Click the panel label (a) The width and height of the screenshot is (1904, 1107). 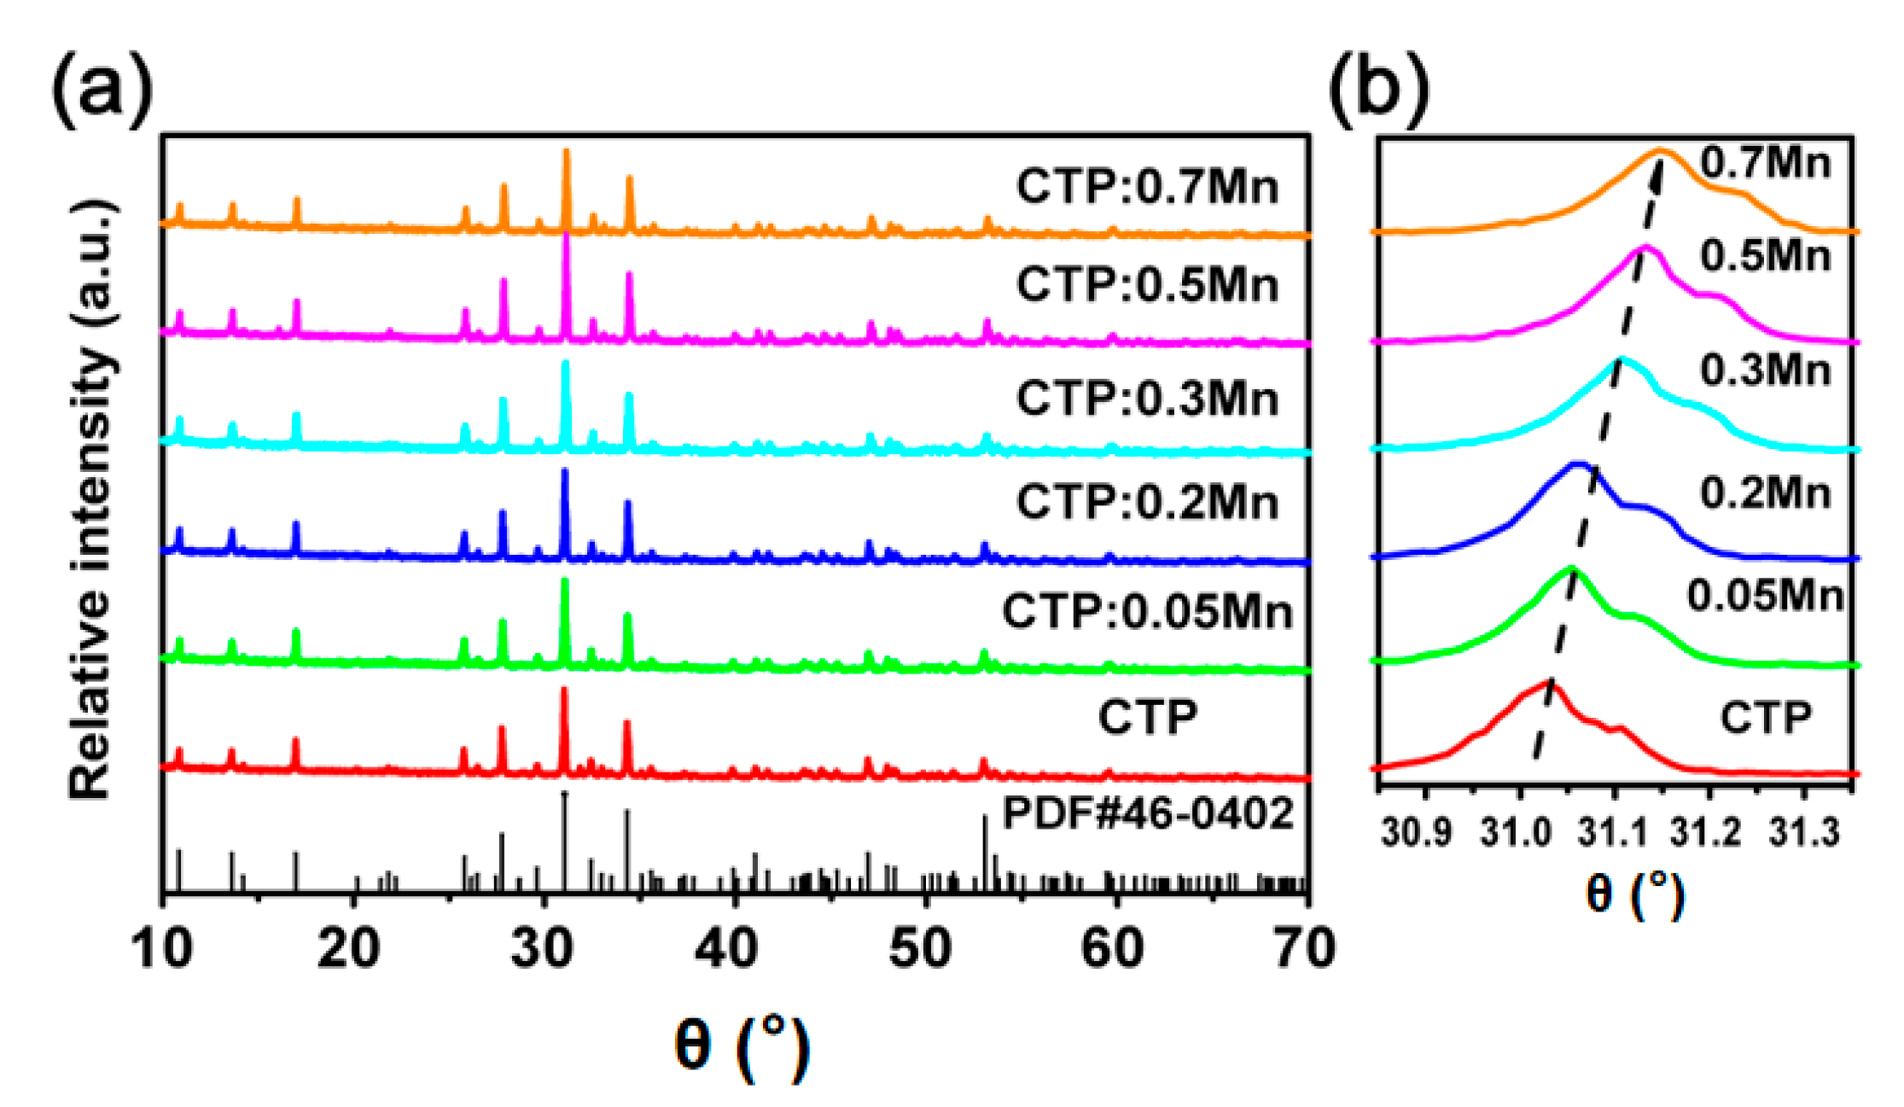click(x=101, y=89)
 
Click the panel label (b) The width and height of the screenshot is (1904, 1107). click(x=1377, y=89)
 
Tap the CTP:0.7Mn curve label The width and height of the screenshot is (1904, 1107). click(x=1146, y=186)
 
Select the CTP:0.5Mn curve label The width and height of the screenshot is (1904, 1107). click(x=1146, y=284)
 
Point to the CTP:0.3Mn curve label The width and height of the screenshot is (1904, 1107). click(x=1146, y=398)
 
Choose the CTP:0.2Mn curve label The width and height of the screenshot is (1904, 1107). click(x=1146, y=501)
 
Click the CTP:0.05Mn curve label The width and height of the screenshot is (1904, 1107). click(x=1146, y=611)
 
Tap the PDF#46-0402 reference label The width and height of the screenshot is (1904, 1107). click(x=1148, y=813)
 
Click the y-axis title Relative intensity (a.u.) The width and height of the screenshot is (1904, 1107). click(x=92, y=501)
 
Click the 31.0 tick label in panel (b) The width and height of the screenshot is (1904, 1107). click(x=1517, y=832)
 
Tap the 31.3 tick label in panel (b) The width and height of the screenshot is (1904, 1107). click(x=1803, y=832)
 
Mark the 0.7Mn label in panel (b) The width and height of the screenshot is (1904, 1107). click(x=1765, y=162)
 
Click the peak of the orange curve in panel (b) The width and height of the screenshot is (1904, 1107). click(x=1661, y=152)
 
